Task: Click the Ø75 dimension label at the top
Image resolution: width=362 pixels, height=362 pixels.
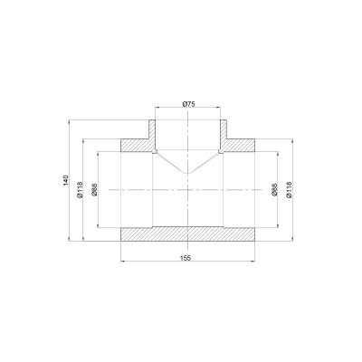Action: point(187,105)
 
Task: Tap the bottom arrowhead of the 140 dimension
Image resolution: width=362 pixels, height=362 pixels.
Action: point(71,240)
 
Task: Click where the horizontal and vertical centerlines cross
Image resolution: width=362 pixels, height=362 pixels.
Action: point(187,190)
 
